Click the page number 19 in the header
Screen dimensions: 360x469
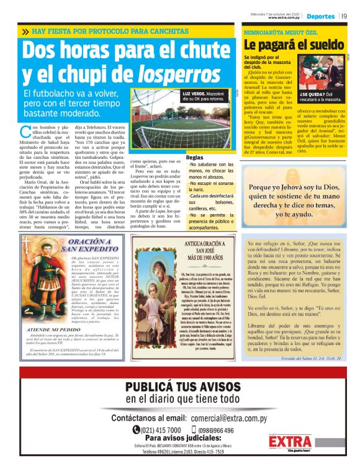pos(343,16)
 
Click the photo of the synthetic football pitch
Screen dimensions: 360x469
pos(184,124)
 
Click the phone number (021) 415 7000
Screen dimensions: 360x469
pos(161,430)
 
